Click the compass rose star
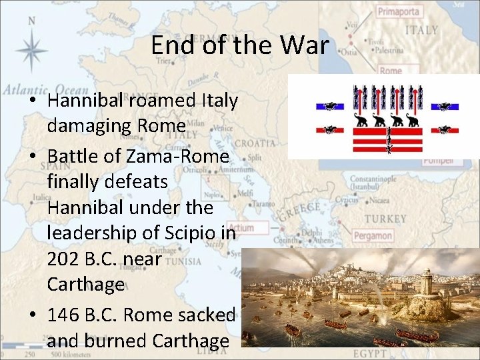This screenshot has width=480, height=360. (x=31, y=50)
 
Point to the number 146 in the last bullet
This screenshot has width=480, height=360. (x=64, y=315)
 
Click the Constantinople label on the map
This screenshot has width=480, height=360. (x=376, y=180)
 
